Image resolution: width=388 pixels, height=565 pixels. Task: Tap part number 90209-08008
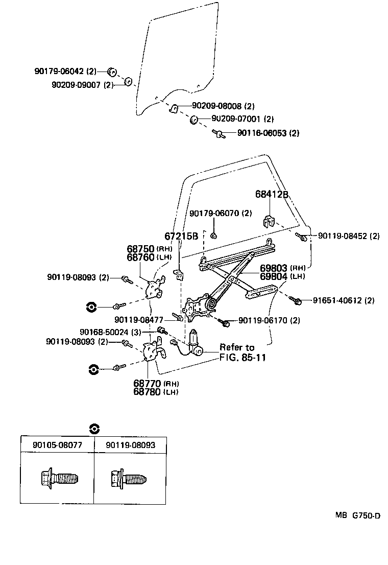[223, 106]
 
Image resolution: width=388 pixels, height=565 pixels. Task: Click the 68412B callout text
[272, 195]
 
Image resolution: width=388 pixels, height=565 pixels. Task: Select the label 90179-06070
[221, 213]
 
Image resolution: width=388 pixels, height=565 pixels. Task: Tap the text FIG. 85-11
[243, 357]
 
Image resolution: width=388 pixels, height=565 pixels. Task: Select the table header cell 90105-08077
[57, 445]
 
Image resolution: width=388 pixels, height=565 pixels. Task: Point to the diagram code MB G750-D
[357, 515]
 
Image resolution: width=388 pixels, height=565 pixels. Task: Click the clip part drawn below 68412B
[269, 221]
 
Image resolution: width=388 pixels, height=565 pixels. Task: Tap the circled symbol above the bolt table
[93, 429]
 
